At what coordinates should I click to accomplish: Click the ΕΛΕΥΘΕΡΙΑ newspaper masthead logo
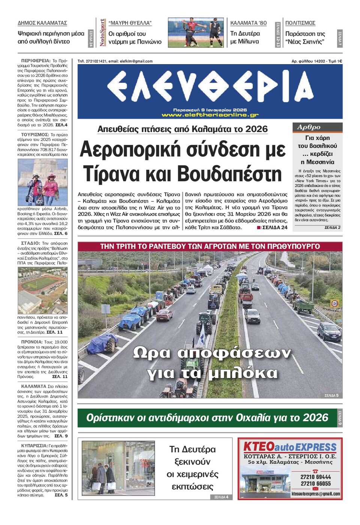(210, 87)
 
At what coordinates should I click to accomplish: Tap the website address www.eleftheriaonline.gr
(210, 115)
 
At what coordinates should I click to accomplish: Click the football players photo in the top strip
(196, 32)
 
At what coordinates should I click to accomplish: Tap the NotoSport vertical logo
(102, 33)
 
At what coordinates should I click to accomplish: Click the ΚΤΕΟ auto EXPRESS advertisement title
(290, 447)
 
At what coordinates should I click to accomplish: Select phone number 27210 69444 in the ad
(316, 477)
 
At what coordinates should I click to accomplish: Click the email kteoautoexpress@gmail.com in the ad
(316, 494)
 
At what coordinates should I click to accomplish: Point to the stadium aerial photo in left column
(43, 290)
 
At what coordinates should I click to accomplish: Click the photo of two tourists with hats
(43, 182)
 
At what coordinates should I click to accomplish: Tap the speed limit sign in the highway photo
(335, 303)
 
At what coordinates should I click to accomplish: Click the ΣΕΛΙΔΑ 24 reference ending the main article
(274, 228)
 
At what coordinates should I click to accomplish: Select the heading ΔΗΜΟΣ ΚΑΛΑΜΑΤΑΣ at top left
(42, 23)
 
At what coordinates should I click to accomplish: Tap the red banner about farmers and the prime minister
(210, 246)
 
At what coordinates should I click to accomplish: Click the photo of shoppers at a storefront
(118, 468)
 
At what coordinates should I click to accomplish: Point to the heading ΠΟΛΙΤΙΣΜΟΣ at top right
(300, 23)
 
